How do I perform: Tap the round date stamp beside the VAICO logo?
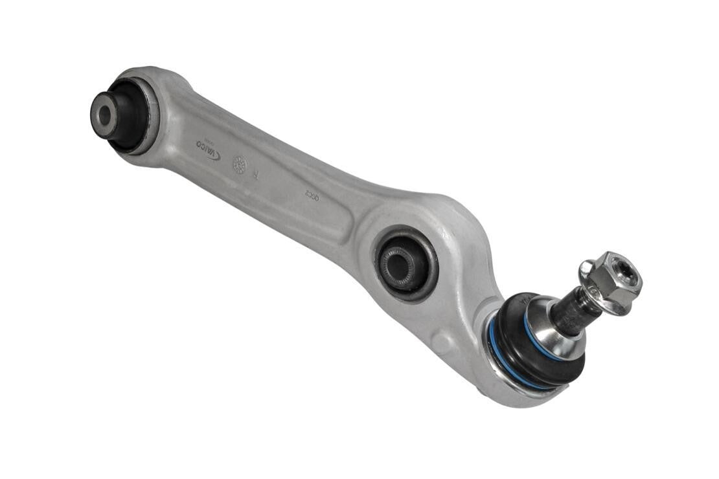coord(239,164)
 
